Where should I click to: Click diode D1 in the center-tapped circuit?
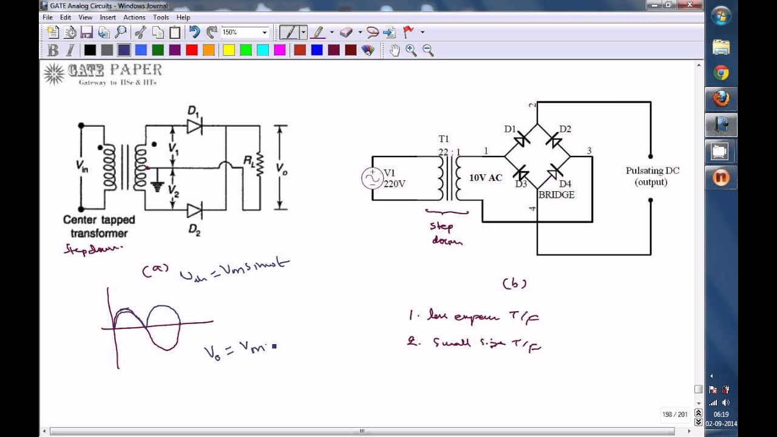[194, 126]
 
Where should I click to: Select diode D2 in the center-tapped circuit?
[194, 211]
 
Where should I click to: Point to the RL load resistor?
[260, 164]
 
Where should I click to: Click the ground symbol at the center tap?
[158, 186]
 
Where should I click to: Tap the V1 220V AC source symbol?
[372, 178]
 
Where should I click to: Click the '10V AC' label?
[486, 178]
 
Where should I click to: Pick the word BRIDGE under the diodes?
[556, 195]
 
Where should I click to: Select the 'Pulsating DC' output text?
[652, 171]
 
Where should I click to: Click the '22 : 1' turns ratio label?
[449, 152]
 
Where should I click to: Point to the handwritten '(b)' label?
[514, 283]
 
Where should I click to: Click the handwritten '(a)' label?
[155, 269]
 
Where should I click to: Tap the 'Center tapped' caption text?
[99, 220]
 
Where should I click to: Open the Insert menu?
[107, 18]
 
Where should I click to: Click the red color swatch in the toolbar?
[192, 50]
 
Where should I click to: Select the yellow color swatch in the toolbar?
[229, 50]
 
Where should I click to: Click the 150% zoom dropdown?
[245, 32]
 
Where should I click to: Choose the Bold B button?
[53, 50]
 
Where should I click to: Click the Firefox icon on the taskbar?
[721, 98]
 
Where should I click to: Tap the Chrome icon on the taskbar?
[721, 73]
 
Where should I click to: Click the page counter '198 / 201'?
[674, 415]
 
